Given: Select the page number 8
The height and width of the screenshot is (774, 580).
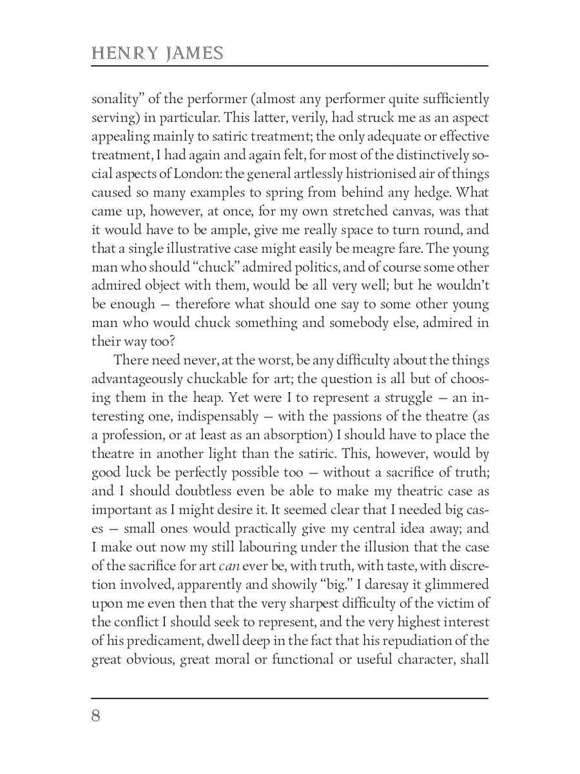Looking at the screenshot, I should tap(96, 717).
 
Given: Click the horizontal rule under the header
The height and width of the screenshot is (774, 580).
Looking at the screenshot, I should tap(289, 66).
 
